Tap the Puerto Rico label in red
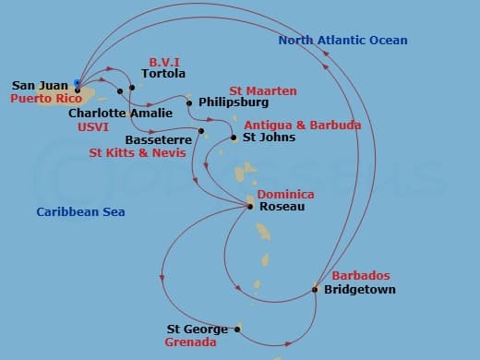[x=43, y=97]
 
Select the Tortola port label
[x=163, y=74]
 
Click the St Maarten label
[x=263, y=90]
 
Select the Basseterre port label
[x=159, y=140]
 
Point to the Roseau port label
[x=280, y=207]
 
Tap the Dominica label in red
[x=285, y=195]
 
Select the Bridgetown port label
[x=359, y=290]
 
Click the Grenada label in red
[x=190, y=342]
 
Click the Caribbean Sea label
[x=80, y=212]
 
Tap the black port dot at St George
[x=237, y=329]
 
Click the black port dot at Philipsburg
[x=189, y=102]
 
